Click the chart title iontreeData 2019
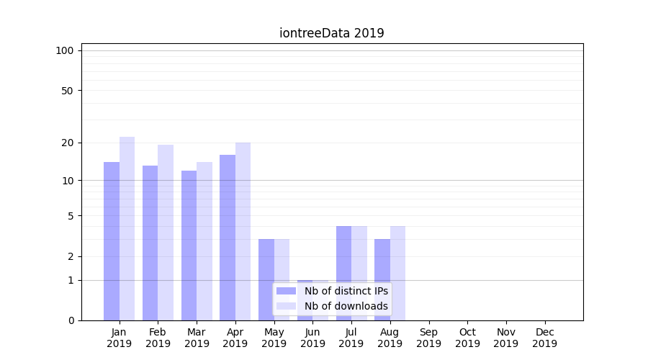331,33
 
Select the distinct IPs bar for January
112,241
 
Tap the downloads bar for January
127,228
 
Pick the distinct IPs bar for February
150,243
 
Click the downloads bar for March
204,241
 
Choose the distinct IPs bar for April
228,238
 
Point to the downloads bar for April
243,231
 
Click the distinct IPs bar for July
343,273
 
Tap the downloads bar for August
397,273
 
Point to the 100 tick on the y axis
65,50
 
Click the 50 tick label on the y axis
67,91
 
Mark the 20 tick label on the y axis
67,143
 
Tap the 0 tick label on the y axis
71,320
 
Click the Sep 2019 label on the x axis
428,338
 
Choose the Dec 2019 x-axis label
544,338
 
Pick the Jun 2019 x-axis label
312,338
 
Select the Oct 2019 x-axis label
467,338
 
